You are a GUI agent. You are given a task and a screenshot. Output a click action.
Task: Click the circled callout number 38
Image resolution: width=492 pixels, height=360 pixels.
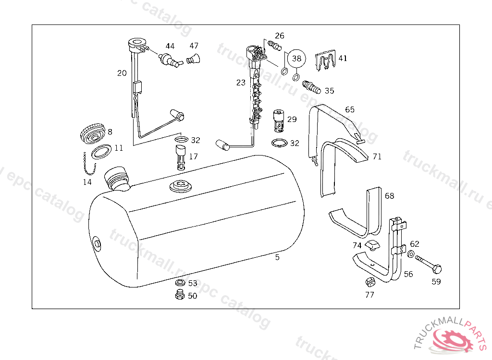[296, 59]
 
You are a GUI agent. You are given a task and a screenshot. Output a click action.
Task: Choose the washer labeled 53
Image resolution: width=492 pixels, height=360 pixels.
[181, 282]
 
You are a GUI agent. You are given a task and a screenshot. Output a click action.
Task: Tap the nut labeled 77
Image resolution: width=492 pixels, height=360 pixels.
[370, 281]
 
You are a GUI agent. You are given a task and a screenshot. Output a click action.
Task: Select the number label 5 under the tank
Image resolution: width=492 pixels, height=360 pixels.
[277, 257]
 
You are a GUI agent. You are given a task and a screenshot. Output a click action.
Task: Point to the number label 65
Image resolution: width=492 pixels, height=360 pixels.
[350, 110]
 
